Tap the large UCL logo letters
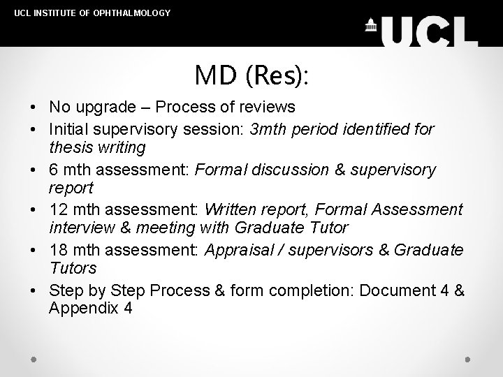coord(430,30)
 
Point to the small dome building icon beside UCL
coord(371,25)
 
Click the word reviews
coord(270,108)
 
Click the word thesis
coord(68,148)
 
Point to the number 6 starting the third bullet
coord(54,170)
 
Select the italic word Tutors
coord(73,269)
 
